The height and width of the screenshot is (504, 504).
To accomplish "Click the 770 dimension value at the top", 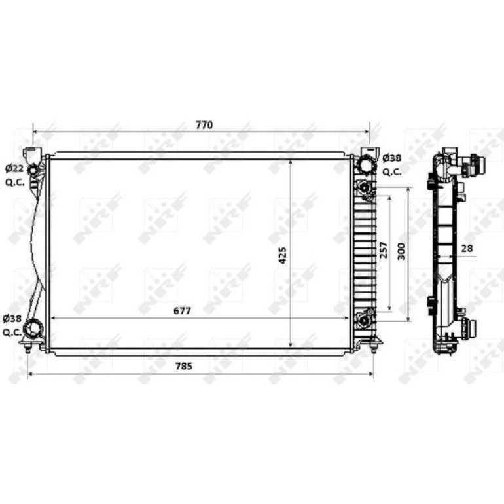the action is pyautogui.click(x=204, y=125).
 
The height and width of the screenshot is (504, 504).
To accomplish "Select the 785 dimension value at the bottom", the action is pyautogui.click(x=184, y=366).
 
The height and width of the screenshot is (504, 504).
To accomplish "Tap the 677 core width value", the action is pyautogui.click(x=182, y=311).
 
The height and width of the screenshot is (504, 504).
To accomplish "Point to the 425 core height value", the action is pyautogui.click(x=282, y=255).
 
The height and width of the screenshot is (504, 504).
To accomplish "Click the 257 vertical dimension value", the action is pyautogui.click(x=384, y=250).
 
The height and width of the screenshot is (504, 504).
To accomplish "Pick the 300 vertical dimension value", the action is pyautogui.click(x=401, y=252).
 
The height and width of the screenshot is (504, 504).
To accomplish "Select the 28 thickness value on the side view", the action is pyautogui.click(x=467, y=248).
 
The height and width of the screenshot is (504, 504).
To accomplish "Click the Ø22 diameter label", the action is pyautogui.click(x=15, y=168).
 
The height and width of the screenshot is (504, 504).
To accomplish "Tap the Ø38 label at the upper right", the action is pyautogui.click(x=392, y=158).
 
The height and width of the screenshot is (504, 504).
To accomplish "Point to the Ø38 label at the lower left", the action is pyautogui.click(x=12, y=319).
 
